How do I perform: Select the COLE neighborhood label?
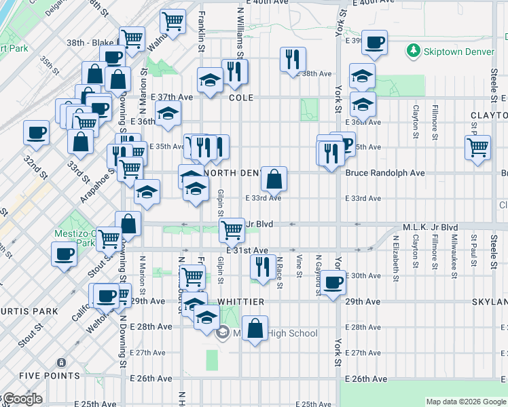(241, 98)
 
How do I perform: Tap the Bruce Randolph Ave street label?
(385, 173)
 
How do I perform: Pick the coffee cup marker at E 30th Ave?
(333, 282)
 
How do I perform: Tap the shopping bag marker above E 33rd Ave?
(274, 180)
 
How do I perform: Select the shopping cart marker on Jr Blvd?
(232, 230)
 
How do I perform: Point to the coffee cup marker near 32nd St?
(36, 132)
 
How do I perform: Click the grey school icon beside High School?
(222, 333)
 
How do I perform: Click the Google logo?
(22, 400)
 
